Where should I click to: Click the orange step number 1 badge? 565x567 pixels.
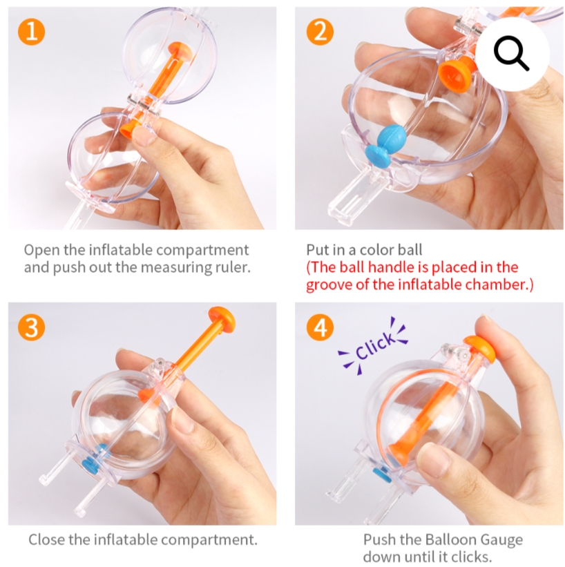tap(32, 32)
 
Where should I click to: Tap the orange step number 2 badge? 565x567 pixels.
tap(320, 32)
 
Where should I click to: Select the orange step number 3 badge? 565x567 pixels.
tap(32, 327)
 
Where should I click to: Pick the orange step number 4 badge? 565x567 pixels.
tap(320, 327)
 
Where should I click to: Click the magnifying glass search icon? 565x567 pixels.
tap(510, 52)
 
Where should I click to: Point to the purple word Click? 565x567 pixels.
tap(374, 346)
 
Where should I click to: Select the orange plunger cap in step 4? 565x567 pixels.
tap(480, 348)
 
